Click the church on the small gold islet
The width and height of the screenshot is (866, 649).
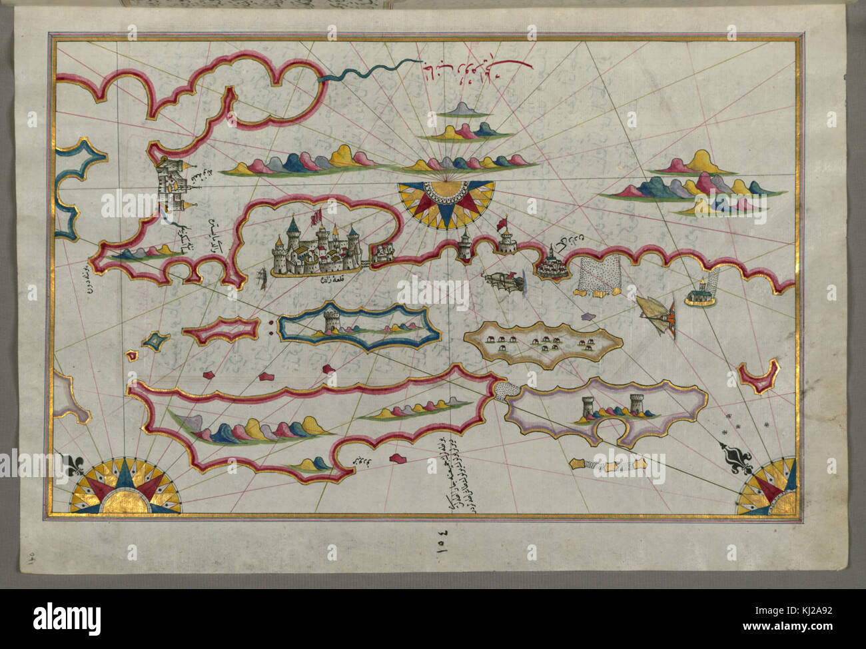(x=699, y=293)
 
